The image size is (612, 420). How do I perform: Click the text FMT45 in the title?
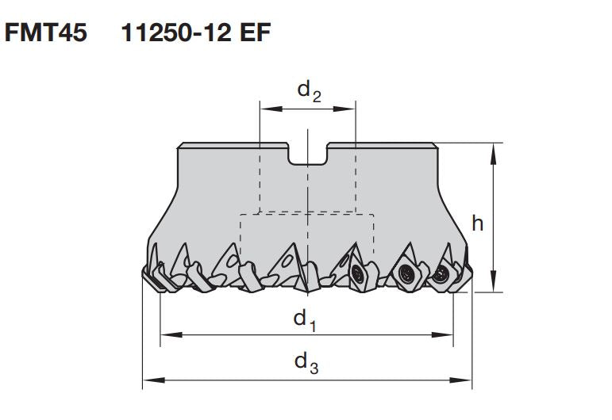(x=46, y=35)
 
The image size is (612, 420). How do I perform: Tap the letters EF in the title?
(x=253, y=35)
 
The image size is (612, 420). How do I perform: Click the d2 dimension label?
(x=309, y=91)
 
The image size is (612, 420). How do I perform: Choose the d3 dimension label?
(x=306, y=362)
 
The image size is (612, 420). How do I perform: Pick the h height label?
(x=477, y=223)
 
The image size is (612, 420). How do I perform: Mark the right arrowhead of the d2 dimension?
(x=350, y=109)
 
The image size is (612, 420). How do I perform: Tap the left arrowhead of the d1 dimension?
(x=166, y=335)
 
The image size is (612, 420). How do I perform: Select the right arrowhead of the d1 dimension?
(x=448, y=335)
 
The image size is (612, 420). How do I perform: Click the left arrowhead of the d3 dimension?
(x=148, y=380)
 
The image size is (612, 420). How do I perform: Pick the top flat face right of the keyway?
(x=382, y=145)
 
